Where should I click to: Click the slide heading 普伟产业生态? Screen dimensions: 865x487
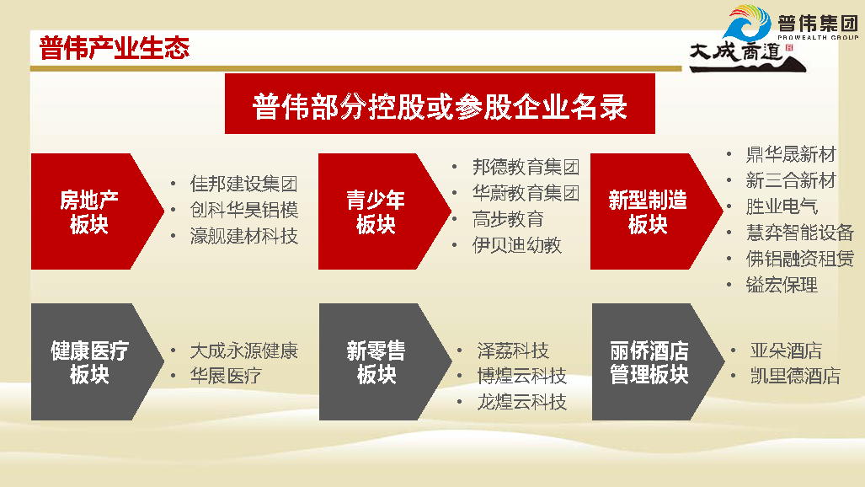(x=115, y=48)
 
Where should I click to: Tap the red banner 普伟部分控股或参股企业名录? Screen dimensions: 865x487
(x=440, y=104)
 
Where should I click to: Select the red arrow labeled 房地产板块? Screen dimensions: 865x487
(x=97, y=211)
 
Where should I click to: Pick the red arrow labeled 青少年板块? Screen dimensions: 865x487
(x=385, y=211)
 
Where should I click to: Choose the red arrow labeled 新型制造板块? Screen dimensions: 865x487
(x=656, y=211)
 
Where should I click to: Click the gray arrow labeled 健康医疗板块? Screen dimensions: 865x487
(x=97, y=361)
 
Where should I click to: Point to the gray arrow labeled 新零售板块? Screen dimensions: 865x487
(x=385, y=361)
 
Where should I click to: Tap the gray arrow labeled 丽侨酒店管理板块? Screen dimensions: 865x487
(x=658, y=361)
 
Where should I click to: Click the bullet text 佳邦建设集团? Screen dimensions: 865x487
(x=243, y=184)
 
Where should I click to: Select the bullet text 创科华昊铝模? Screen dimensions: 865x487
(x=243, y=210)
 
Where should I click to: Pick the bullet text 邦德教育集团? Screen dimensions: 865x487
(x=526, y=166)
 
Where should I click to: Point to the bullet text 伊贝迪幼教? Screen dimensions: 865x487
(x=517, y=245)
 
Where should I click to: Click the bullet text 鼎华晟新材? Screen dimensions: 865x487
(x=791, y=154)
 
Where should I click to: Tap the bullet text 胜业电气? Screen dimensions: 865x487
(x=782, y=206)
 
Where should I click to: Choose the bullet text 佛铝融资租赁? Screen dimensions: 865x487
(x=800, y=259)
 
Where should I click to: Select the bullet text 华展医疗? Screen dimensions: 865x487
(x=226, y=376)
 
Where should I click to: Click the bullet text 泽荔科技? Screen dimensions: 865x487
(x=513, y=351)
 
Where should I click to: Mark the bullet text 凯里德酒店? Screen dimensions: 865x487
(x=795, y=376)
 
